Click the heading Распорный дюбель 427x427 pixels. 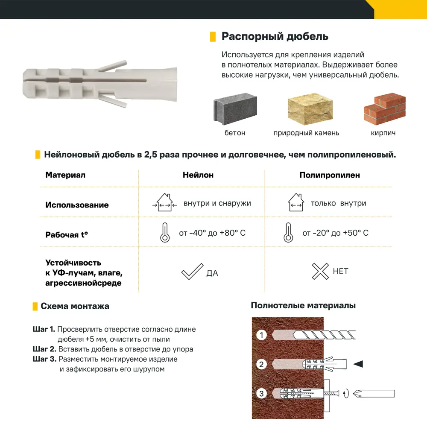tap(275, 36)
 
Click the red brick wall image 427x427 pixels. tap(384, 109)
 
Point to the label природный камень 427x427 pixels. tap(306, 133)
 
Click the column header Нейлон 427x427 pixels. tap(198, 175)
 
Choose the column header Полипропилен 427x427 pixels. tap(330, 175)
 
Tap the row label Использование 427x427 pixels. tap(77, 205)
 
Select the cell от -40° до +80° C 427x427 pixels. tap(212, 233)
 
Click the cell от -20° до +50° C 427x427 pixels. tap(335, 233)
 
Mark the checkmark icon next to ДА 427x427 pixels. tap(192, 272)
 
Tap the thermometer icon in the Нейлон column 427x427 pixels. tap(164, 233)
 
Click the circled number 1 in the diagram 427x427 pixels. tap(261, 335)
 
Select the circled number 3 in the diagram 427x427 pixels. tap(261, 393)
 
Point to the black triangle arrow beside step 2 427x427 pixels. tap(358, 364)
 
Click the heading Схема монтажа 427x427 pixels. tap(75, 306)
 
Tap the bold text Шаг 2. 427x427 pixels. tap(44, 349)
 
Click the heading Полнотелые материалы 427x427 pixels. tap(303, 305)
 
